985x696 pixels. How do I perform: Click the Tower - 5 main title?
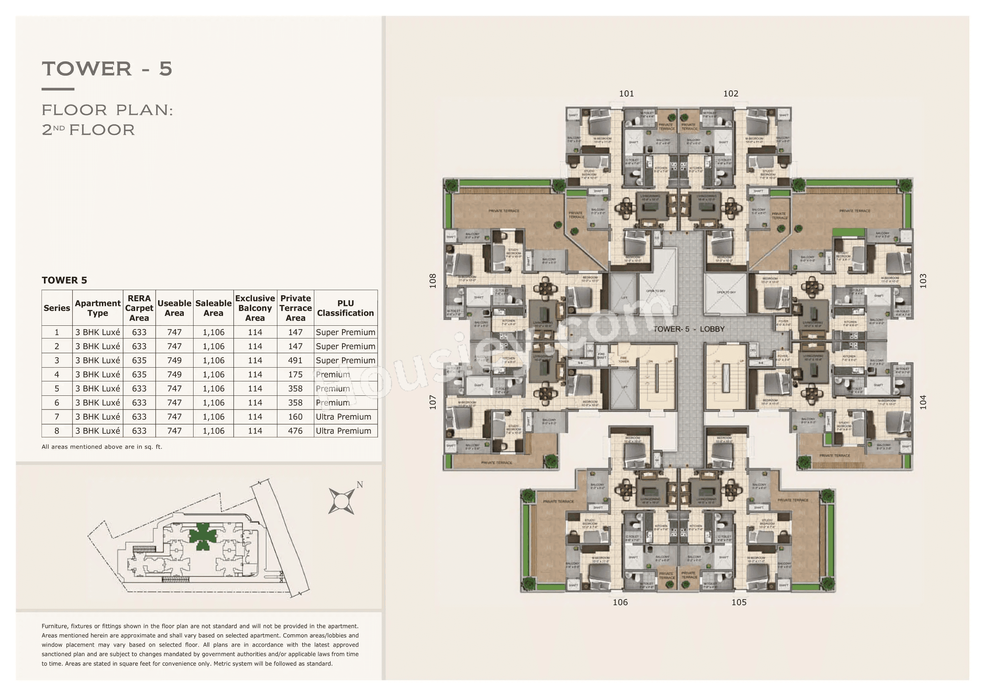click(107, 69)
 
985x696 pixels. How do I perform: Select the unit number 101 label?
click(626, 93)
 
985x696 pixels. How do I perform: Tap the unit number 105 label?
click(739, 602)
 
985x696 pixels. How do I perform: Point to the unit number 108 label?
click(433, 281)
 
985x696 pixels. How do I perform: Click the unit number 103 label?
click(923, 281)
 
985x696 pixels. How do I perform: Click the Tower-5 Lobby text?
click(689, 329)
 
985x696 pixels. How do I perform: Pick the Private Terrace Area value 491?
click(295, 361)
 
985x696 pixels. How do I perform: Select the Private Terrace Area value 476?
click(295, 431)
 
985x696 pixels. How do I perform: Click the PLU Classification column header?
click(345, 308)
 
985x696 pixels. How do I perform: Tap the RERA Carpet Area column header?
click(139, 308)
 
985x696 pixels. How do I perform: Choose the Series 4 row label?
click(57, 375)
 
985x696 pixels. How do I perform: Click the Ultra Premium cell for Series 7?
click(343, 417)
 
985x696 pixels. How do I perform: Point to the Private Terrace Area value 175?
click(295, 375)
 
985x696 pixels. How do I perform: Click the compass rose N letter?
click(360, 485)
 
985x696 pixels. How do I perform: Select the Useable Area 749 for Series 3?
click(174, 361)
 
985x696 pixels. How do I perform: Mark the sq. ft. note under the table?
click(102, 447)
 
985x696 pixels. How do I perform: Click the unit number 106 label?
click(620, 602)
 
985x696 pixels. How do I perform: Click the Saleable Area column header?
click(213, 308)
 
